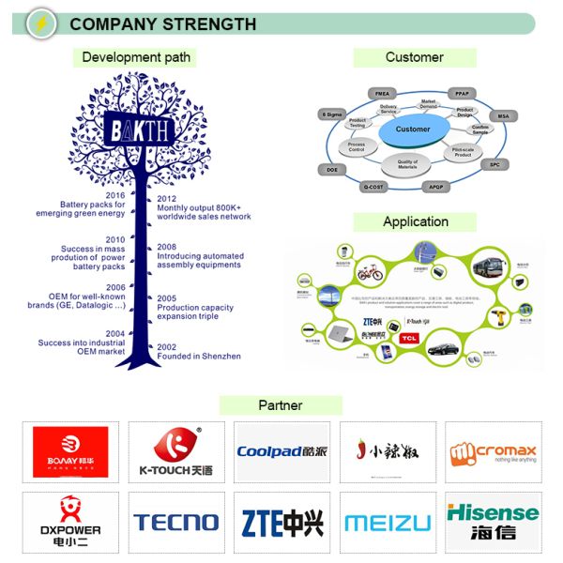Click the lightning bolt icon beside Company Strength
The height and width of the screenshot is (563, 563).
[x=42, y=22]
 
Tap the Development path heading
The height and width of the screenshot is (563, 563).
[x=136, y=57]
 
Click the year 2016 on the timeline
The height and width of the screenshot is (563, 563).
[x=114, y=196]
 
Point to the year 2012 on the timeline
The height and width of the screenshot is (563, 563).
[x=167, y=199]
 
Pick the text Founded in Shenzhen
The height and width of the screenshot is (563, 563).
[x=199, y=357]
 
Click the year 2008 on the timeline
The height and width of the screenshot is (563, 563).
[x=167, y=247]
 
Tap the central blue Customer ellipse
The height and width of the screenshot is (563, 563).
[x=413, y=131]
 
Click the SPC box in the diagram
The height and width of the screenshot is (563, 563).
[x=495, y=164]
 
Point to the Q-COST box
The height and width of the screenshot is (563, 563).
[x=373, y=187]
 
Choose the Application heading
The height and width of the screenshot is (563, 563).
[x=416, y=221]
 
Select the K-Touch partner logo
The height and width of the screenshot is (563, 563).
[x=176, y=451]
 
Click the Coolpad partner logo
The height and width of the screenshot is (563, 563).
[x=281, y=451]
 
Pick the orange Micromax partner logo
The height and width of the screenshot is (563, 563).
[x=493, y=451]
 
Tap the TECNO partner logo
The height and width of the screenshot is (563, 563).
[x=176, y=522]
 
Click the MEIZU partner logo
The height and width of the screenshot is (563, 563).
[x=387, y=523]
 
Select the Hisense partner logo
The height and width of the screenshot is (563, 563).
[x=493, y=522]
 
